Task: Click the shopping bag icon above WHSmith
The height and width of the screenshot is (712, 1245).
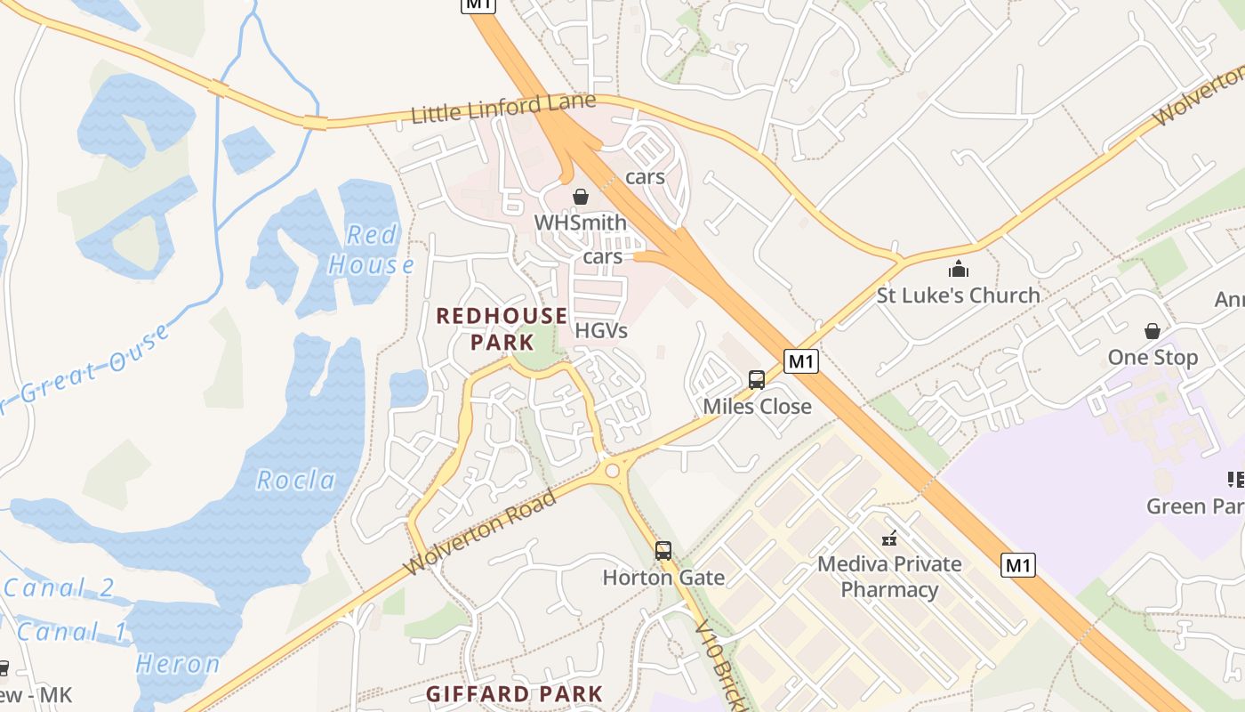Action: point(581,197)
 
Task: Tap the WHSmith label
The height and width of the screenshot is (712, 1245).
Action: point(580,222)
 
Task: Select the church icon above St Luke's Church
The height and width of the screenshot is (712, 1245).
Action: point(959,269)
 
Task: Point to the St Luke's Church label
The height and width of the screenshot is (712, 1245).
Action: point(958,295)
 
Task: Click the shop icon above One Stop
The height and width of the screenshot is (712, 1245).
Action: point(1153,331)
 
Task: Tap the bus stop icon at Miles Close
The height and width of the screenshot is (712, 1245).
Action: point(757,380)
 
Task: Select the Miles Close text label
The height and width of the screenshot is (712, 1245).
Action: point(757,407)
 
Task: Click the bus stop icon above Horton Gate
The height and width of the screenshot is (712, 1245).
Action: point(663,551)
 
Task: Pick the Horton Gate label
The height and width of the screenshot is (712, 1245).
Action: point(663,578)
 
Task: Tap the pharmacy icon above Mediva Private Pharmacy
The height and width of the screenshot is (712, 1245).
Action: point(889,538)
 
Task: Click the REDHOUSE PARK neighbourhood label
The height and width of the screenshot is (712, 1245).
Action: point(502,328)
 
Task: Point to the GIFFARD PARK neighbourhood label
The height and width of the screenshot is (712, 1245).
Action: point(514,694)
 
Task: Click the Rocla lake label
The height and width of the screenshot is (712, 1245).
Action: point(296,481)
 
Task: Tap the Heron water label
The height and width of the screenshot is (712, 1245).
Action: point(178,664)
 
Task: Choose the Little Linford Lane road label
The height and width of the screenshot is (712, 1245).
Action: point(502,109)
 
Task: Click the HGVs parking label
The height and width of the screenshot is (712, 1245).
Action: point(601,331)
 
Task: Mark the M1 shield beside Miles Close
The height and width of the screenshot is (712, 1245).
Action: point(801,361)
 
